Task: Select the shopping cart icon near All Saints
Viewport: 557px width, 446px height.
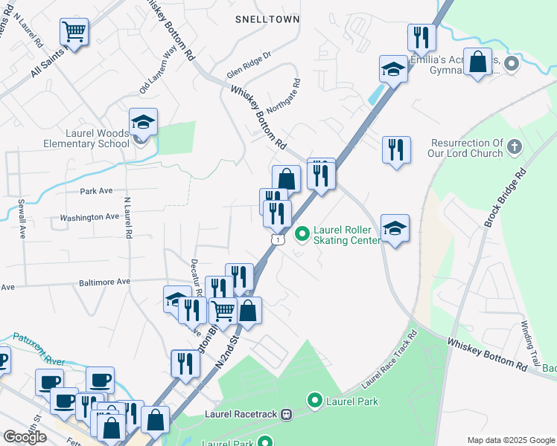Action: (x=74, y=32)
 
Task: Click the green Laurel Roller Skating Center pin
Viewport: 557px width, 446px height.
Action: (x=302, y=234)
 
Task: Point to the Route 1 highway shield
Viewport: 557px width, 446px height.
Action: (x=277, y=239)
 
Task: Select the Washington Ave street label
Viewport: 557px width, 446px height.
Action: (x=89, y=217)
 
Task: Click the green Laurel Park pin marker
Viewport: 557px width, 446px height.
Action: (x=314, y=401)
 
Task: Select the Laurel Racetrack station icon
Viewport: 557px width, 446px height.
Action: (x=285, y=414)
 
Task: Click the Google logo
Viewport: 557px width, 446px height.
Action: (x=25, y=436)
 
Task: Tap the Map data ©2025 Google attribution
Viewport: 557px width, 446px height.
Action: (x=510, y=439)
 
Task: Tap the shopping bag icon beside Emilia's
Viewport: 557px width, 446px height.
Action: (x=479, y=62)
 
